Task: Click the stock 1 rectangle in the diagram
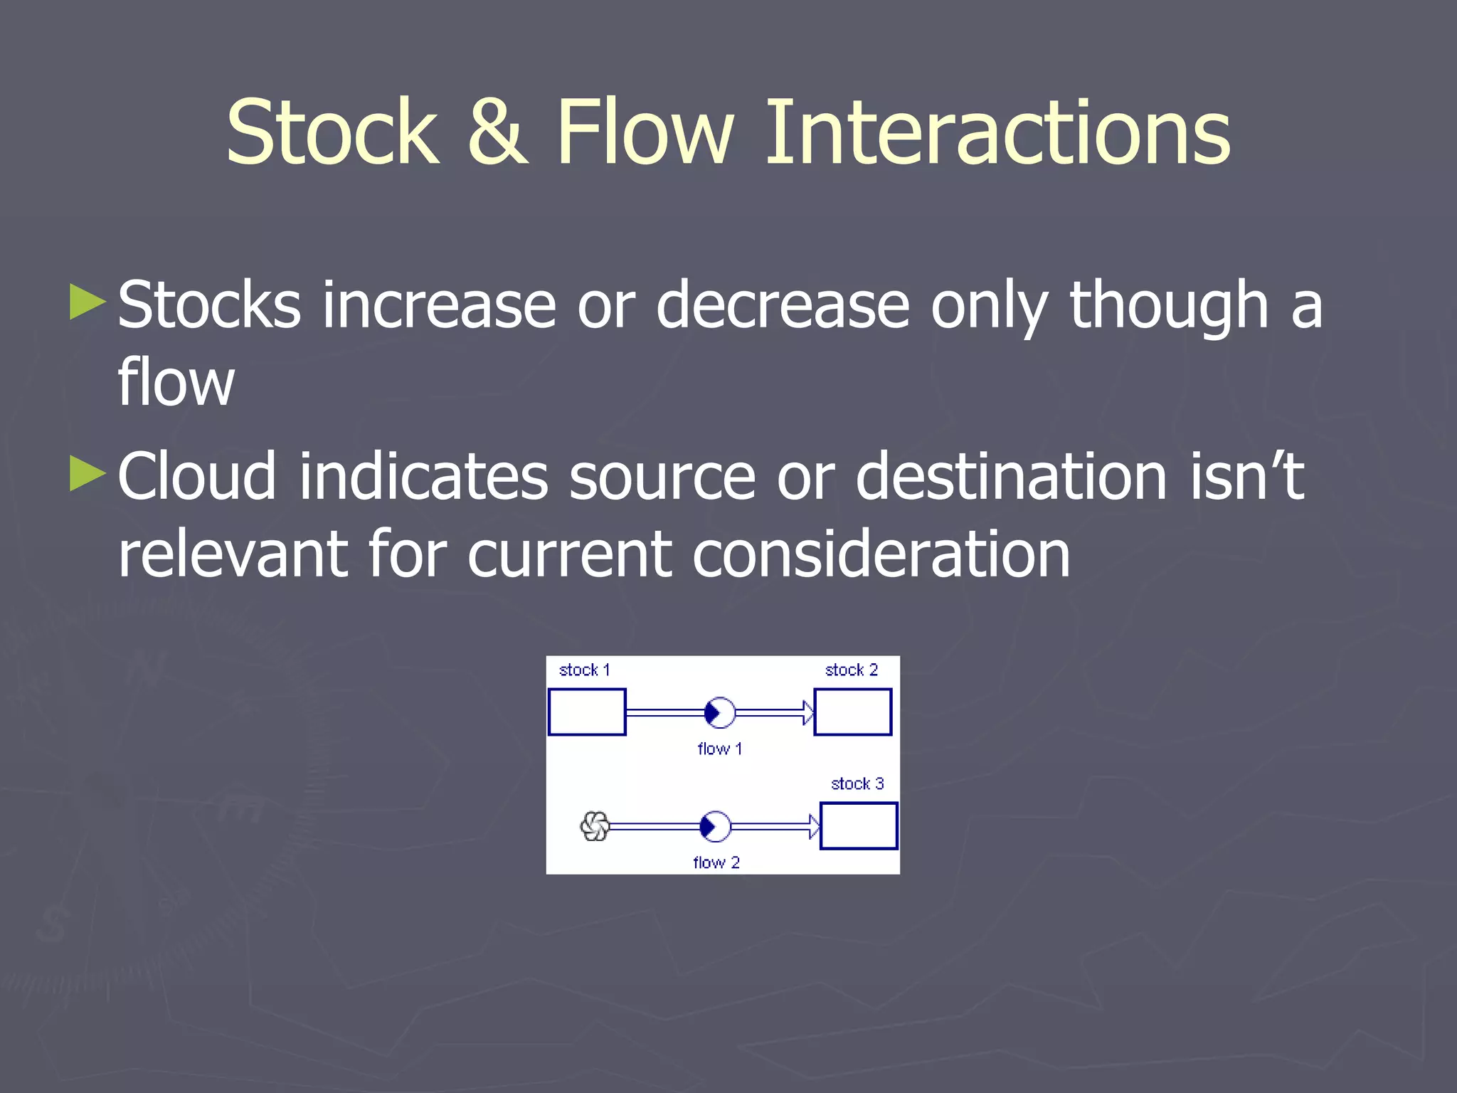point(587,712)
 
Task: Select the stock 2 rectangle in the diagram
point(852,712)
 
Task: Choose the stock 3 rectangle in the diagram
point(859,825)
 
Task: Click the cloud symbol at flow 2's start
point(595,826)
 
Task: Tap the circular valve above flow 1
point(719,712)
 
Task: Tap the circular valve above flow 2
point(715,826)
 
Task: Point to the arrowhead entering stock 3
point(814,826)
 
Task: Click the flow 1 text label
point(719,749)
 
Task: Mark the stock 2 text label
point(851,670)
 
